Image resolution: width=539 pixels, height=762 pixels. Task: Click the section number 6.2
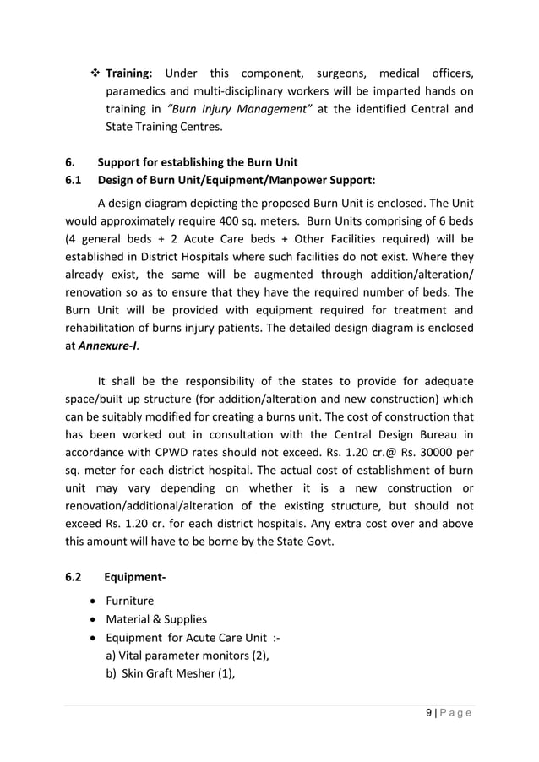pos(73,579)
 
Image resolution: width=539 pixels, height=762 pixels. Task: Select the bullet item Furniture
pos(129,601)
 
